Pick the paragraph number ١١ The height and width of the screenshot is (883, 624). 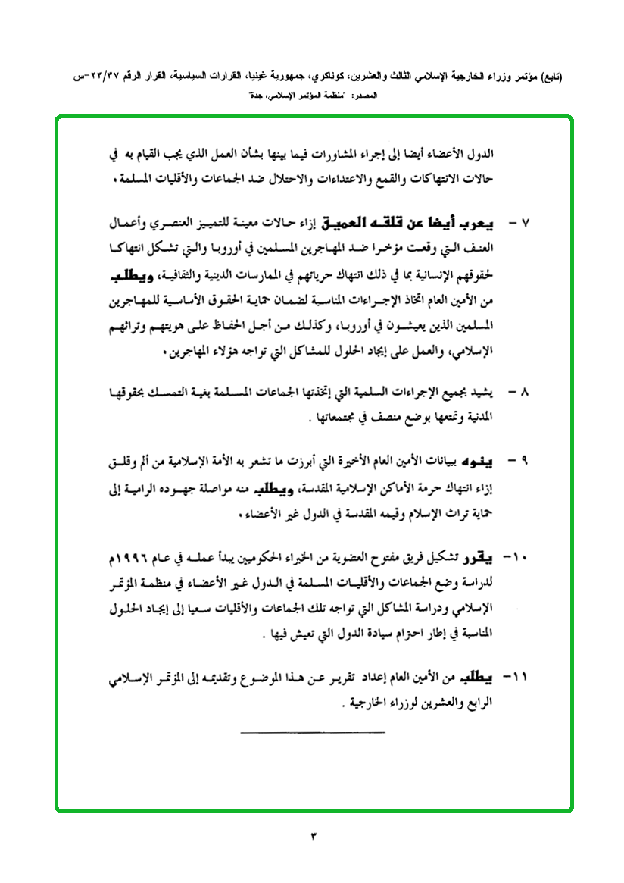(x=523, y=677)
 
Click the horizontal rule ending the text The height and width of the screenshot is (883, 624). (x=312, y=731)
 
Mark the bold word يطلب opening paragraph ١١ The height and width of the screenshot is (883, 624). (x=477, y=677)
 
